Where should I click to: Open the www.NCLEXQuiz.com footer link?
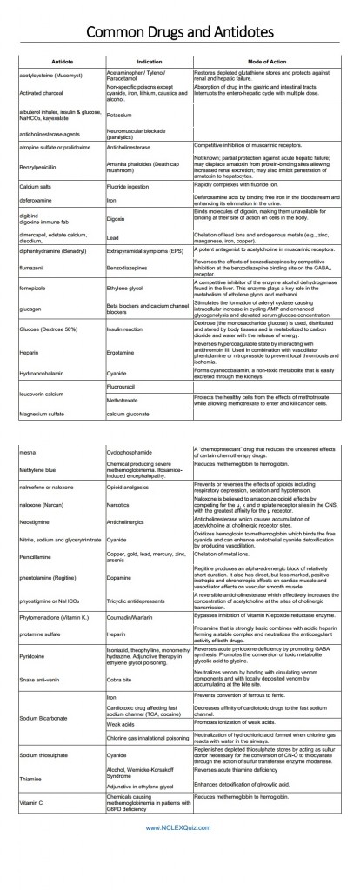pos(180,876)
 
